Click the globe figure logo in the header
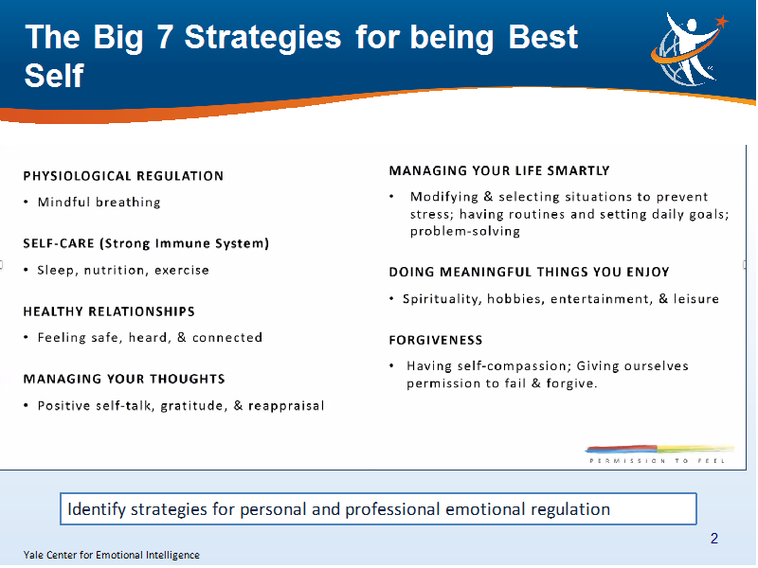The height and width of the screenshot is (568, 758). pyautogui.click(x=689, y=49)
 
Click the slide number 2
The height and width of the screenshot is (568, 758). pyautogui.click(x=714, y=538)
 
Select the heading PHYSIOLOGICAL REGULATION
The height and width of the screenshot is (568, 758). pyautogui.click(x=123, y=176)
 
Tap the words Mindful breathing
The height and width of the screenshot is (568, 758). pyautogui.click(x=99, y=202)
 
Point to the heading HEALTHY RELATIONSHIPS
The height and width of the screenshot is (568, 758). pyautogui.click(x=109, y=311)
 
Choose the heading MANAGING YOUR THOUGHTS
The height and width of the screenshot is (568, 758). pyautogui.click(x=124, y=380)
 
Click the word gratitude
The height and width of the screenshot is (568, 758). pyautogui.click(x=192, y=406)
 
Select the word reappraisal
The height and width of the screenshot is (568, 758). pyautogui.click(x=286, y=406)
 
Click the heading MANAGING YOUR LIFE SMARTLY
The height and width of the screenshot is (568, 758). pyautogui.click(x=499, y=171)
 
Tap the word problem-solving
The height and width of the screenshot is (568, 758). pyautogui.click(x=465, y=231)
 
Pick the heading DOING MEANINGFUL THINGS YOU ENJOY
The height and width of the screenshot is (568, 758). pyautogui.click(x=529, y=272)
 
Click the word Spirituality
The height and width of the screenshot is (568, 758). pyautogui.click(x=442, y=299)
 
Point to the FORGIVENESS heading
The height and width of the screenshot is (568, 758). pyautogui.click(x=436, y=340)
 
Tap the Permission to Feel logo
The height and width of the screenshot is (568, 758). pyautogui.click(x=659, y=454)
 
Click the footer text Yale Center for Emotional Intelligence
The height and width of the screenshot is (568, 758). pyautogui.click(x=111, y=555)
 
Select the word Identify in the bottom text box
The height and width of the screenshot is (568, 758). pyautogui.click(x=97, y=509)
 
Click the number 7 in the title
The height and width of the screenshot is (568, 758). pyautogui.click(x=164, y=37)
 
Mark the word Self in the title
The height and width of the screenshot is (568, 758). pyautogui.click(x=54, y=76)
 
